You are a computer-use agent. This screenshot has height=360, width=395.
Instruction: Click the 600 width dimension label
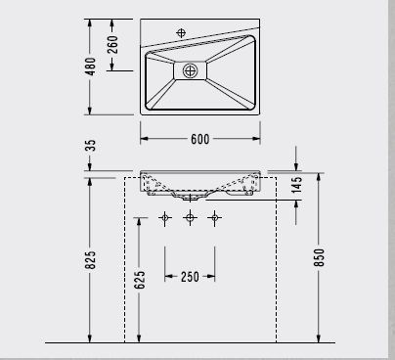200,139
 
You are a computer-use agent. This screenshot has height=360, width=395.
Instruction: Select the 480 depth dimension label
90,67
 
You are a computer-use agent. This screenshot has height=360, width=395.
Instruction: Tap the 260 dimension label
112,45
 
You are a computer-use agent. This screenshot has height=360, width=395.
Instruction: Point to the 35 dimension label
92,146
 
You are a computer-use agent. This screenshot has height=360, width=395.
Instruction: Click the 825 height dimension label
91,260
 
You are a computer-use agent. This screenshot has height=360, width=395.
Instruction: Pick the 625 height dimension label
139,280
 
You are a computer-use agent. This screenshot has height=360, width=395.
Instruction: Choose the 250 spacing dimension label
190,277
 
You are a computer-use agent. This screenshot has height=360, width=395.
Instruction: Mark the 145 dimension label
297,185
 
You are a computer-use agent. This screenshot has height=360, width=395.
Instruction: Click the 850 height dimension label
319,257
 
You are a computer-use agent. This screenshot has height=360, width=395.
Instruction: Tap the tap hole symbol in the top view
181,33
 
